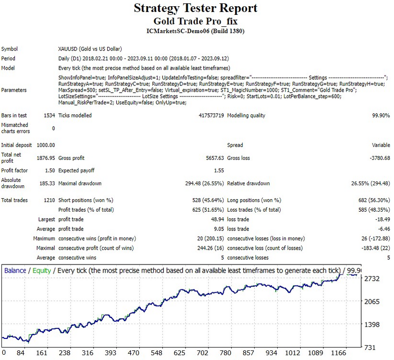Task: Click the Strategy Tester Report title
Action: (x=196, y=8)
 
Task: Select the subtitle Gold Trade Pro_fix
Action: (x=196, y=21)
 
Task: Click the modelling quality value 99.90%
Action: (x=381, y=116)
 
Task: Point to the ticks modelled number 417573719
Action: (x=211, y=116)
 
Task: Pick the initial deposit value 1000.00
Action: (x=46, y=145)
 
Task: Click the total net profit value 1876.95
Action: (x=46, y=158)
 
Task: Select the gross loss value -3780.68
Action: (x=380, y=158)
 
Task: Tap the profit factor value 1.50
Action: (x=50, y=170)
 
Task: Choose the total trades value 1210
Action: (x=49, y=200)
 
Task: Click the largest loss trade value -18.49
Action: (x=382, y=219)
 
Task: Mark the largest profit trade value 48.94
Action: (x=217, y=219)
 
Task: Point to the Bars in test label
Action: (x=14, y=116)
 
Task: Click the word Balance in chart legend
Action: (x=15, y=271)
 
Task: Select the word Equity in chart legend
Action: (x=42, y=271)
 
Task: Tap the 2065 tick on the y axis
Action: (x=372, y=301)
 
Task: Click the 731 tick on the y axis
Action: (x=370, y=348)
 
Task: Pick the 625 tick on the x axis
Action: (x=179, y=353)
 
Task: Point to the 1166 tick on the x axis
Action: (x=338, y=353)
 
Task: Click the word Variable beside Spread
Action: (x=381, y=145)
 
